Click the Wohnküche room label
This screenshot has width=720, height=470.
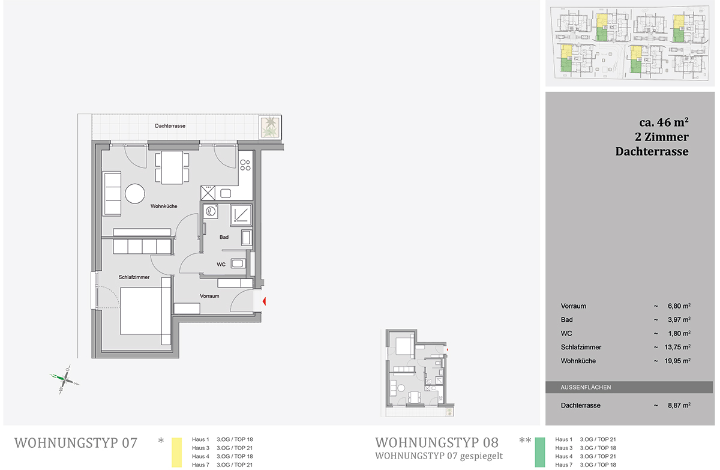coord(164,206)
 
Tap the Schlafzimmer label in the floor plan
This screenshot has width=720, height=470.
coord(134,277)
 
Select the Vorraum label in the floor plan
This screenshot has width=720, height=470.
coord(209,296)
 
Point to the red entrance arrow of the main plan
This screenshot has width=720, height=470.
coord(264,301)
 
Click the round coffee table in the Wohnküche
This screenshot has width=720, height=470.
coord(134,193)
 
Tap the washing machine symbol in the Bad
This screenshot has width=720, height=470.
coord(211,212)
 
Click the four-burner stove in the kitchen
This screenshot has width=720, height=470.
coord(245,165)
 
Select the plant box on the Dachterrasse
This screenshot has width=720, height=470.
coord(269,127)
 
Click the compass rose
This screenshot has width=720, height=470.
coord(65,380)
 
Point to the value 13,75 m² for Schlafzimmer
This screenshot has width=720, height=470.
coord(677,347)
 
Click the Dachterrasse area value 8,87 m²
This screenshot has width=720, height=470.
coord(679,405)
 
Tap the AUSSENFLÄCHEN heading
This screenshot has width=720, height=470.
coord(586,387)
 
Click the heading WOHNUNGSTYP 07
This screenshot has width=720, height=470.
coord(76,443)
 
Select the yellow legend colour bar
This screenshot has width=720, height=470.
coord(176,452)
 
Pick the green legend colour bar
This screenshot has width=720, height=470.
coord(540,452)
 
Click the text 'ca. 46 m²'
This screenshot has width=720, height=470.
coord(664,122)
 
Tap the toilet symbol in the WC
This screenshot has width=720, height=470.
coord(238,264)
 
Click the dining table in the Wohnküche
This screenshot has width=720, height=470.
coord(172,168)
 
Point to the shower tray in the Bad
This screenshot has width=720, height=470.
coord(241,214)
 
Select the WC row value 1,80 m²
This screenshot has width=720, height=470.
coord(679,333)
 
